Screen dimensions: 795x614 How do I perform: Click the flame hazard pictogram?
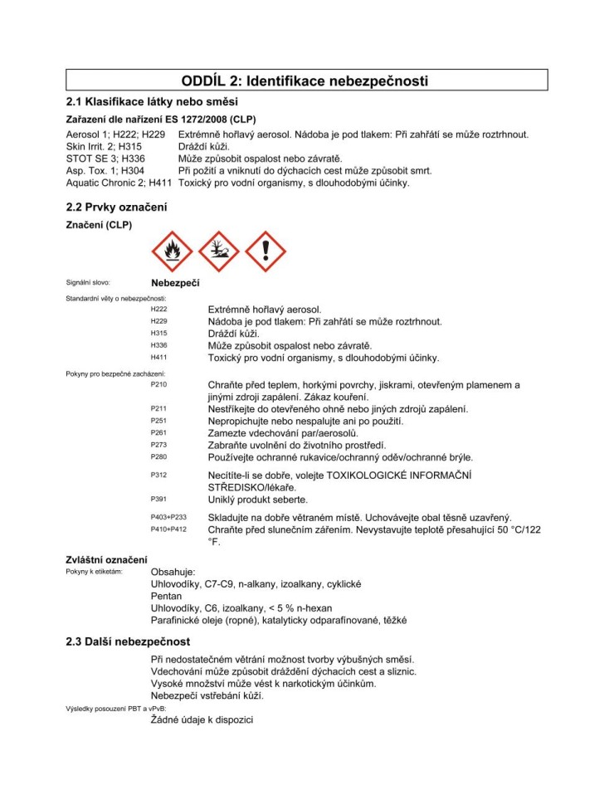[x=172, y=251]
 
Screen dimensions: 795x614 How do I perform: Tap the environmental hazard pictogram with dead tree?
[x=219, y=251]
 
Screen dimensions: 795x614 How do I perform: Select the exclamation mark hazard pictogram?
[x=266, y=251]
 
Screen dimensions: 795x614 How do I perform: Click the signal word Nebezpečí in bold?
[x=175, y=283]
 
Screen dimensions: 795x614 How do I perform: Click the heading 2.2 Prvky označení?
[x=116, y=207]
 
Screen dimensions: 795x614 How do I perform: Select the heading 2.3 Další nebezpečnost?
[x=128, y=641]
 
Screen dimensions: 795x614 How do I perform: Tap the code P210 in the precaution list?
[x=158, y=385]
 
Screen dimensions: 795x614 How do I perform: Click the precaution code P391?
[x=158, y=500]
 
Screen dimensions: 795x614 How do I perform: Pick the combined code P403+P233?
[x=168, y=517]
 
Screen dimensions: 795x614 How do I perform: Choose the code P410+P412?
[x=168, y=529]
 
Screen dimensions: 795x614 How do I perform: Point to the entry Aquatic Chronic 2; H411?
[x=119, y=183]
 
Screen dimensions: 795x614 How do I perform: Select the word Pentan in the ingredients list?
[x=166, y=596]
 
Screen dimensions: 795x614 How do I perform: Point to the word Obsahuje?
[x=173, y=572]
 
